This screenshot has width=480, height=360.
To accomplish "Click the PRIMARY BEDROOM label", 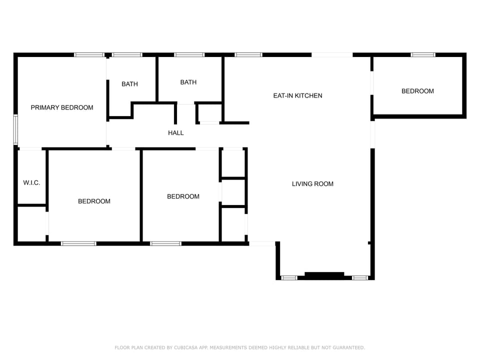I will [x=62, y=107].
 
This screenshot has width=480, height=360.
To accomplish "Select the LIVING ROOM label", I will [x=312, y=184].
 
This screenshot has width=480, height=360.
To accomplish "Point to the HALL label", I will [x=176, y=133].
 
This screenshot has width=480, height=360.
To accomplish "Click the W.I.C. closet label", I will [x=31, y=183].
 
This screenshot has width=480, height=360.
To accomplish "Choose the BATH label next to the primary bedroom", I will [x=129, y=84].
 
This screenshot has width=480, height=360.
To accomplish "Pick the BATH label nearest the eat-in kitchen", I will [x=188, y=82].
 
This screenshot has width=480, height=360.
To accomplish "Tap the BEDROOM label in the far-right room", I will [x=417, y=91].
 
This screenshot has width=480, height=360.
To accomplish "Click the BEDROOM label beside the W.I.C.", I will [x=94, y=201].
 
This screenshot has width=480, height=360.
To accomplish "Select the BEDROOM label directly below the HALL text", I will [x=183, y=196].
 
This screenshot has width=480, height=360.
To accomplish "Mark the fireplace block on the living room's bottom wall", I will [x=324, y=275].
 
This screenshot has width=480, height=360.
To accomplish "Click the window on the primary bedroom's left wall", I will [x=15, y=129].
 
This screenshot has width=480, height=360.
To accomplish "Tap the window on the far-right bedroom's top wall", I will [x=423, y=54].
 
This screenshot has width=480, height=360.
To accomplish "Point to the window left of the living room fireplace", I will [x=289, y=277].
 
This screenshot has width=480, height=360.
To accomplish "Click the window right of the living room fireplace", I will [x=360, y=277].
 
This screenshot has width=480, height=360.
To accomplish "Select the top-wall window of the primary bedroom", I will [x=89, y=54].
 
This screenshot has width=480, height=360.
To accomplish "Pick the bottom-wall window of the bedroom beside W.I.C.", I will [x=78, y=243].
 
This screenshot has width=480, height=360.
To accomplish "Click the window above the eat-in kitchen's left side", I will [x=248, y=54].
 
